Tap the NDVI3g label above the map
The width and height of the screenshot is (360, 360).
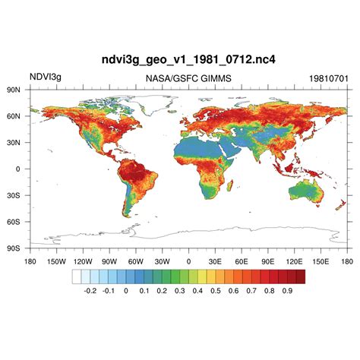click(x=46, y=77)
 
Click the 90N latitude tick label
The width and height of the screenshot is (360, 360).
click(x=13, y=90)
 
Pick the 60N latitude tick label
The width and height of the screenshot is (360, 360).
click(x=13, y=116)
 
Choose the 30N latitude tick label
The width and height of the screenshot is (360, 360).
click(x=13, y=142)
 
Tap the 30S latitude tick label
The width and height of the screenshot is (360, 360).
click(x=13, y=195)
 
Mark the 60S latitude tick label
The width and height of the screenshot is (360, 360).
click(x=13, y=222)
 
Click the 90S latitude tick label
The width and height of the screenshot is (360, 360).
click(x=13, y=248)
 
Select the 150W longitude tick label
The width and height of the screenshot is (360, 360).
click(x=56, y=261)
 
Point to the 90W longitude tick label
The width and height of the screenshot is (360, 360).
click(x=109, y=261)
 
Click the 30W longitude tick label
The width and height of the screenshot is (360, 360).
click(x=162, y=261)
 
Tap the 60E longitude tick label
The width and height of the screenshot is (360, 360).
click(x=242, y=261)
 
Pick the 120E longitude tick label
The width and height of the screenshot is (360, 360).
click(x=295, y=261)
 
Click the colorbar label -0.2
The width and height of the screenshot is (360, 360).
click(x=89, y=290)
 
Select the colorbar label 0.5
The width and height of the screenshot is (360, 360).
click(x=215, y=290)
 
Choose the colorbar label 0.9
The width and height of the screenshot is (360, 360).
click(x=288, y=290)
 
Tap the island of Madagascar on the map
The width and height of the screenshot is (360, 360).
click(x=230, y=186)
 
